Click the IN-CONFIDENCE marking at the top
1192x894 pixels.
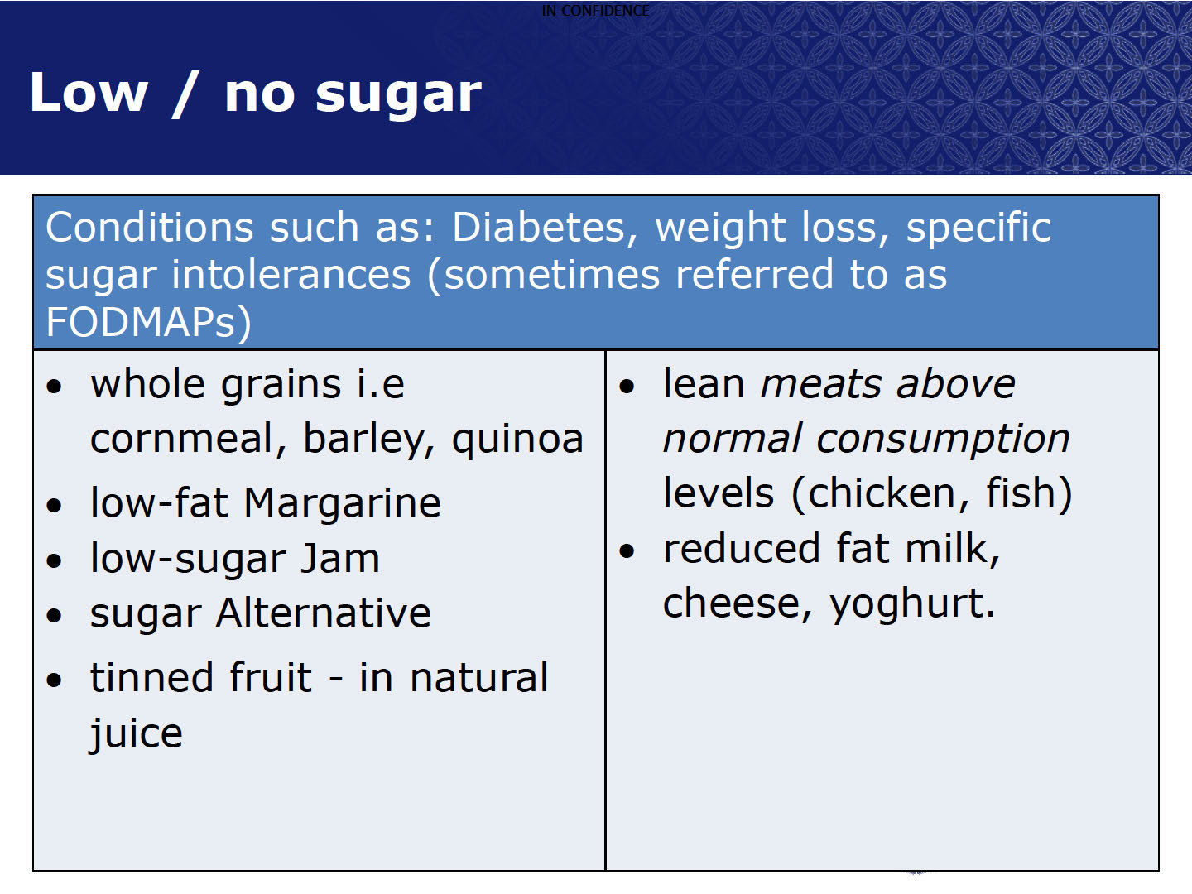coord(595,10)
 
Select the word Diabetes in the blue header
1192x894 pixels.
coord(545,228)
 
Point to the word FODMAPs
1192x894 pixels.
coord(148,323)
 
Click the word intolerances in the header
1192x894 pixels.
coord(291,274)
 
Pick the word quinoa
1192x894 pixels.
coord(517,440)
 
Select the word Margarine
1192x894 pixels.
coord(342,504)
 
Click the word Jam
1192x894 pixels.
coord(340,559)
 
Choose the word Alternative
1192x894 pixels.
coord(323,614)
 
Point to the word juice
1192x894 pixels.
coord(137,734)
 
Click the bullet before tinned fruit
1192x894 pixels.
coord(55,680)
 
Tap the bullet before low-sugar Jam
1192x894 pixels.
coord(55,560)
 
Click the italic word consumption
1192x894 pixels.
coord(944,440)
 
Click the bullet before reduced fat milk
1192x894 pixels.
coord(627,551)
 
